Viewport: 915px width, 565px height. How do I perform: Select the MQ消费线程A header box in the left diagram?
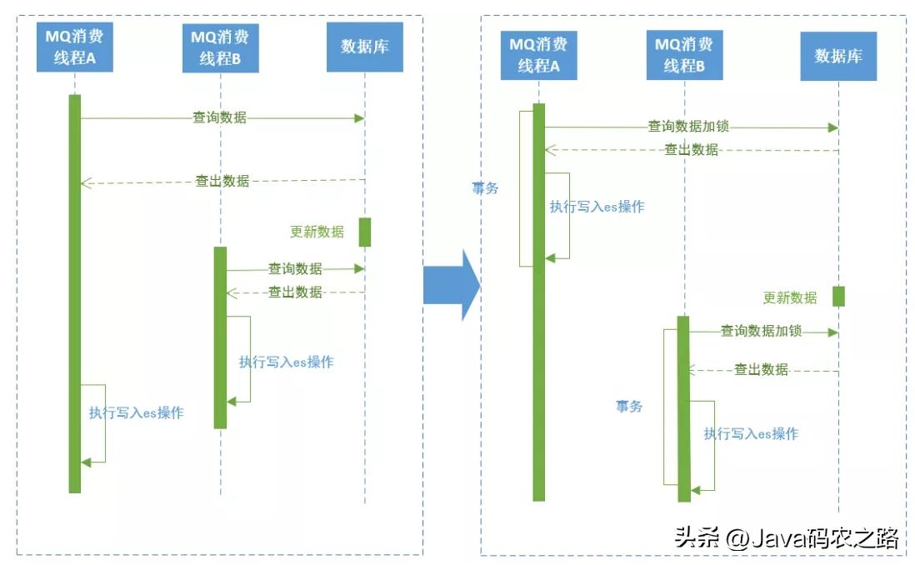click(x=75, y=47)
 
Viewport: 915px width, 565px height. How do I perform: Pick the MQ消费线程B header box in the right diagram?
click(x=684, y=55)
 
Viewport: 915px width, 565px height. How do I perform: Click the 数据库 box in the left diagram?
click(x=365, y=47)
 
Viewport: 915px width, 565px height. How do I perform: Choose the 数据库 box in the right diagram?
click(x=838, y=56)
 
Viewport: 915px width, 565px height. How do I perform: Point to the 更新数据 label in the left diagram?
click(x=317, y=232)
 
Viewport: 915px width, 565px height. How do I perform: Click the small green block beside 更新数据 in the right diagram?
click(x=838, y=296)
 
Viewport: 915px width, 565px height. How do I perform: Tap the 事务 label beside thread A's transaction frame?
click(x=485, y=188)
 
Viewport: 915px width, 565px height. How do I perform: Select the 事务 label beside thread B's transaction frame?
click(x=629, y=407)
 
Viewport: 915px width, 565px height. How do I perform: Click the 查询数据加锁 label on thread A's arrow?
click(x=688, y=127)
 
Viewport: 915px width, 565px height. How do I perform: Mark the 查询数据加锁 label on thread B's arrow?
click(x=761, y=331)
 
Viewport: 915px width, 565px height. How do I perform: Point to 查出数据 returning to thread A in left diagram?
click(x=222, y=180)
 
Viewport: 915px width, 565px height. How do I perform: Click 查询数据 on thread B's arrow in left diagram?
click(x=294, y=268)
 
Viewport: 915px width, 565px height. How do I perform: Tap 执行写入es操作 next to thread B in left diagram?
click(x=286, y=362)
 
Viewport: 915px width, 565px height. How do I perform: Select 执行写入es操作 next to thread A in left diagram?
click(x=137, y=412)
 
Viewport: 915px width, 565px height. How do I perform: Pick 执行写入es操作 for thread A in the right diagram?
click(x=597, y=207)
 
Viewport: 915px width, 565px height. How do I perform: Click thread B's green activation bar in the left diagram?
click(x=220, y=337)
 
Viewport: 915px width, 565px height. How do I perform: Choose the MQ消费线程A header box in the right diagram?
click(x=538, y=55)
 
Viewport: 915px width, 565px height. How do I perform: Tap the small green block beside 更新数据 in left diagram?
click(x=365, y=232)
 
